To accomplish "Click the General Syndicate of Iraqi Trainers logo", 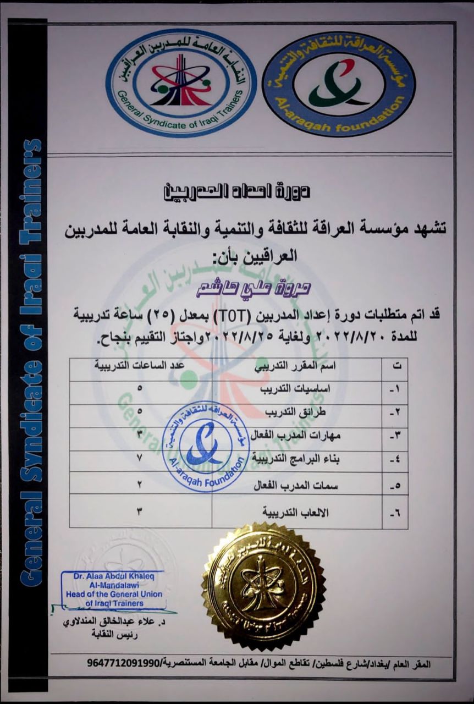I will click(x=181, y=82).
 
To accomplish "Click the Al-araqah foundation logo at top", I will click(x=339, y=84).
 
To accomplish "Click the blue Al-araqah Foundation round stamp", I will click(x=206, y=446).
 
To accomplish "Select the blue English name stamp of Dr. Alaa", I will click(x=113, y=589).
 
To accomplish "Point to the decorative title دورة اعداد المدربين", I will click(x=236, y=192).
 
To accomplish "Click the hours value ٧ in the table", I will click(x=140, y=458).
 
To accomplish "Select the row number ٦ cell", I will click(x=395, y=513).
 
